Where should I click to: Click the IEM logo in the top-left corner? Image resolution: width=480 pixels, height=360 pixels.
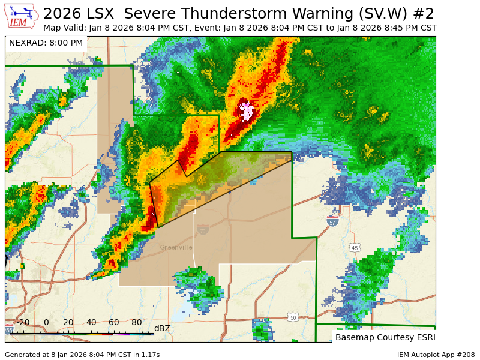click(22, 16)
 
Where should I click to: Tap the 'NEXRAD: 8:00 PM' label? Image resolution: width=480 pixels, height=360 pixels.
click(46, 43)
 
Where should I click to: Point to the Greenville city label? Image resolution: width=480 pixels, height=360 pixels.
click(176, 247)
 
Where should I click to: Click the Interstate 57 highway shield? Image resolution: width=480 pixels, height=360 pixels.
click(332, 221)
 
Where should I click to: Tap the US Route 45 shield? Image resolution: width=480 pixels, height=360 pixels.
click(355, 248)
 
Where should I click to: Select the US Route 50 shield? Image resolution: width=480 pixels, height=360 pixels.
click(292, 317)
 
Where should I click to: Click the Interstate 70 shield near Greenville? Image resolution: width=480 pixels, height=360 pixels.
click(203, 230)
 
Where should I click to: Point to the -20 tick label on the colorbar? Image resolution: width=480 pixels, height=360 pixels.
click(23, 323)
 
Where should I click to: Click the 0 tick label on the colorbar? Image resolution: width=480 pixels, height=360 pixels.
click(46, 323)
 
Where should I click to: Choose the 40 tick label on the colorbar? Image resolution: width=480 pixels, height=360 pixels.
click(91, 323)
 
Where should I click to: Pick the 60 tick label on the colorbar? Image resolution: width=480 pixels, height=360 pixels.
click(114, 323)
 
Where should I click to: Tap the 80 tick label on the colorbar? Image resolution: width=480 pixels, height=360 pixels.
click(137, 323)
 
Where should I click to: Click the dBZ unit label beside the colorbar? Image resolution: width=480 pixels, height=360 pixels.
click(162, 328)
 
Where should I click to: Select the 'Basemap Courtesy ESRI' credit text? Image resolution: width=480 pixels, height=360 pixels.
click(383, 337)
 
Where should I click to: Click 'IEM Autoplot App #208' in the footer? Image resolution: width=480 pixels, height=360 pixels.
click(436, 355)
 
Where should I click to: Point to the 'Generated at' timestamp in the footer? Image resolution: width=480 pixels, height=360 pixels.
click(82, 355)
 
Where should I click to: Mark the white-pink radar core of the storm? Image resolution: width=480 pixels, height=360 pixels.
click(246, 111)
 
